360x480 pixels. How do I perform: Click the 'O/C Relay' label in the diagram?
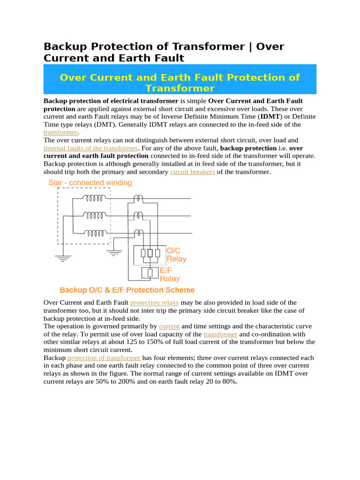click(176, 255)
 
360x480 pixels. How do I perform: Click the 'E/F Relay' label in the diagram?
click(169, 274)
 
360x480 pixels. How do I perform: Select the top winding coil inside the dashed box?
click(93, 198)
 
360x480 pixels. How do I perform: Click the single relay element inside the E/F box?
click(150, 272)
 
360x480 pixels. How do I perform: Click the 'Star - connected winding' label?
click(90, 182)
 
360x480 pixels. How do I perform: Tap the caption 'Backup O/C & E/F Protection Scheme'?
click(127, 290)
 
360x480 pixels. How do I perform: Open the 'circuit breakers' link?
click(193, 172)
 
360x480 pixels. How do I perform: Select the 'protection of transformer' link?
click(104, 358)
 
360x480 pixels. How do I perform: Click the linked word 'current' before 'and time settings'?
click(169, 326)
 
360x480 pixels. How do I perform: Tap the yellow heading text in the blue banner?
click(180, 82)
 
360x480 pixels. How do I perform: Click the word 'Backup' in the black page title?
click(66, 46)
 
